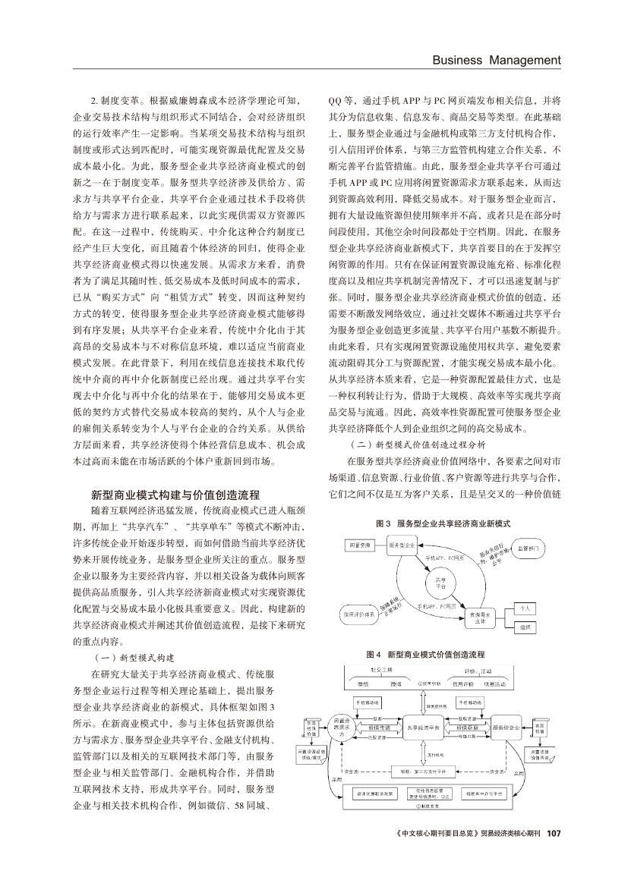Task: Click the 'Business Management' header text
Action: pos(497,60)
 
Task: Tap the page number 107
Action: pos(554,856)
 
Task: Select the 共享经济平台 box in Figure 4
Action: pos(424,727)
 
